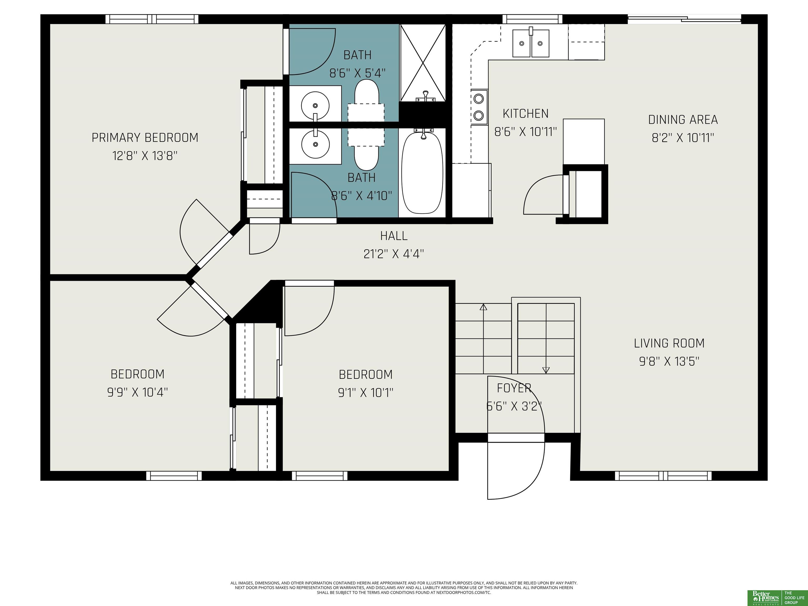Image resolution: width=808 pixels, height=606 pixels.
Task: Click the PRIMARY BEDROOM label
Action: (145, 138)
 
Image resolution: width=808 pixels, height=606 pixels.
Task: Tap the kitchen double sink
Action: (531, 43)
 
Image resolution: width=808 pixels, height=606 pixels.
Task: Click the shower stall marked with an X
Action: (423, 62)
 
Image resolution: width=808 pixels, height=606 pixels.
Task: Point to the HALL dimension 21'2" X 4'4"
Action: (394, 254)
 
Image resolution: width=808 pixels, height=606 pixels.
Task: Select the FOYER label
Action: (514, 388)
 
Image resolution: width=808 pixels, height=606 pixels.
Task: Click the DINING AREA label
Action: (683, 120)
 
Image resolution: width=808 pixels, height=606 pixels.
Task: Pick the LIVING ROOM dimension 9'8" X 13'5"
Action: (669, 362)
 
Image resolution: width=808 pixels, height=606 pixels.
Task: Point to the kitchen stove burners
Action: (479, 107)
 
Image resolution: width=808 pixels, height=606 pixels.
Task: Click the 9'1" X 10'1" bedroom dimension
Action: (366, 393)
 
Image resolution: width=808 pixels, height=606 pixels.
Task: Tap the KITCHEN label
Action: (526, 114)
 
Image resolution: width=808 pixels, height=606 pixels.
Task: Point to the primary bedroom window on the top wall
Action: (152, 19)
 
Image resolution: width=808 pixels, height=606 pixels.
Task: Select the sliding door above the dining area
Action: (684, 19)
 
